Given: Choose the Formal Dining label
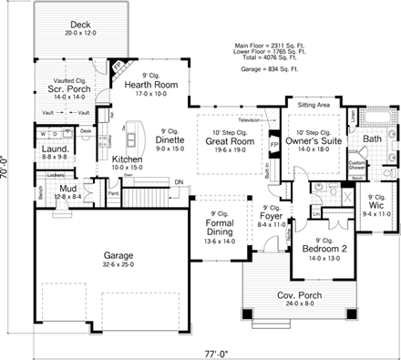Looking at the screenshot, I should coord(221,227).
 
